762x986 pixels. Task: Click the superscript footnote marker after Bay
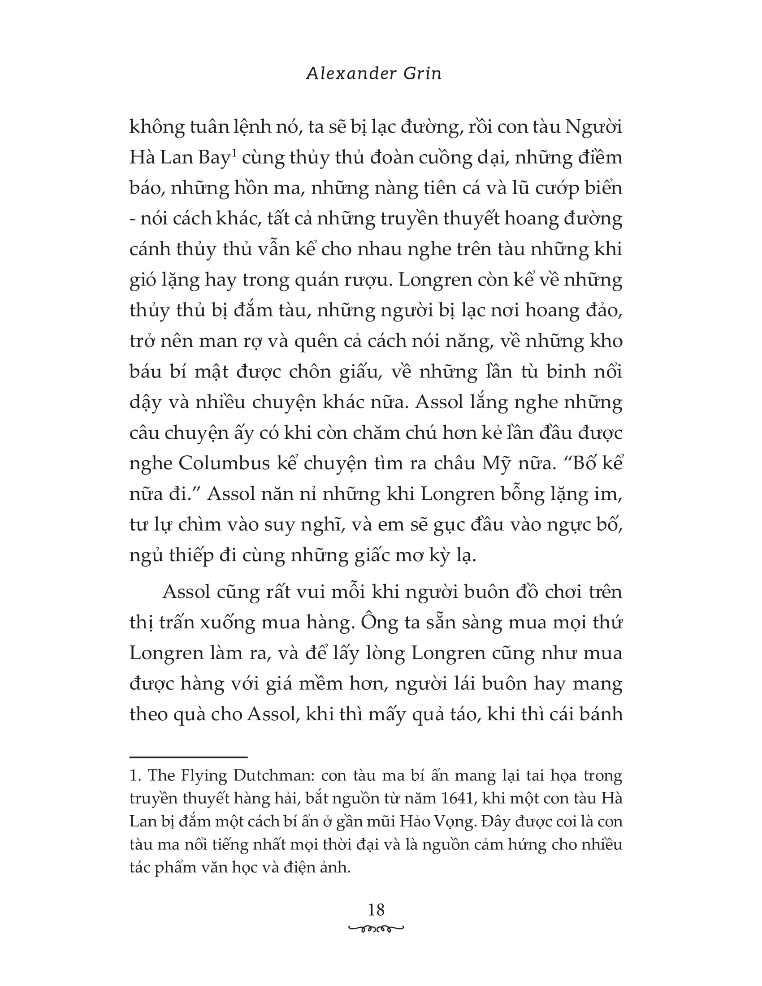coord(234,153)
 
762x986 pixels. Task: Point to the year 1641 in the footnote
coord(455,798)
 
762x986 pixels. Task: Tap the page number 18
coord(376,910)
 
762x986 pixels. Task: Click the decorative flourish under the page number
coord(376,928)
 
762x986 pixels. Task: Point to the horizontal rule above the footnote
coord(188,757)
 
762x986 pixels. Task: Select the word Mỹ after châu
coord(498,464)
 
